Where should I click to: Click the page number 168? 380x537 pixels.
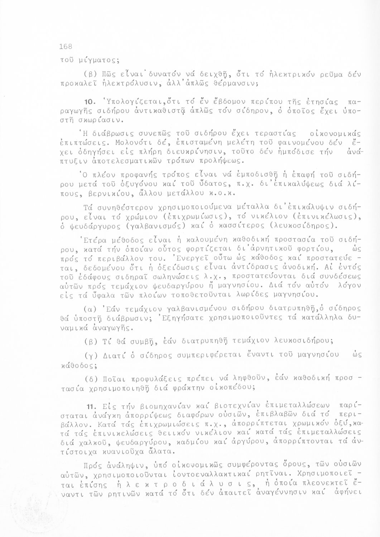point(66,46)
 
